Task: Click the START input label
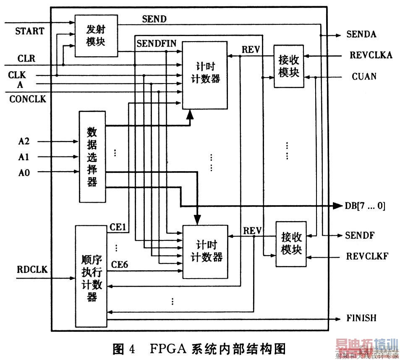29,31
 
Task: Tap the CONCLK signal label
28,99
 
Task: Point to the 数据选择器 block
92,157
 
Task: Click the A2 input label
24,142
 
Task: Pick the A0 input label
24,172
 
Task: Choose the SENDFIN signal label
157,43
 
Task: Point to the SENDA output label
361,35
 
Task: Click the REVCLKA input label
371,55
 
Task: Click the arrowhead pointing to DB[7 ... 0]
338,206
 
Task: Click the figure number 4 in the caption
131,348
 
